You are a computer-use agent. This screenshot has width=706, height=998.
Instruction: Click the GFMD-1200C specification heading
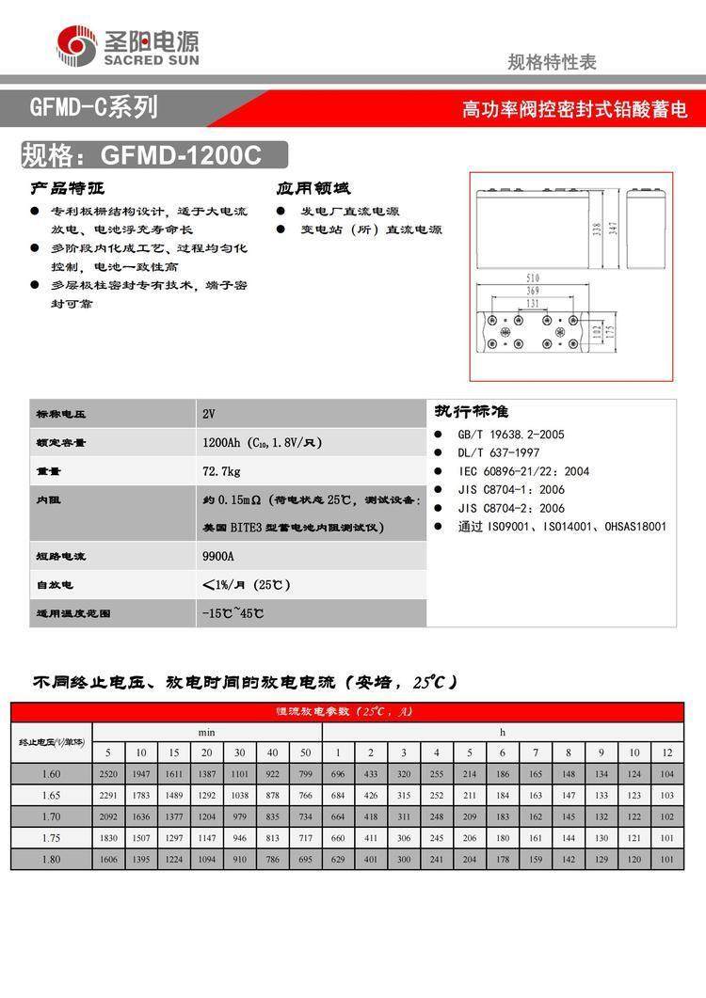[141, 155]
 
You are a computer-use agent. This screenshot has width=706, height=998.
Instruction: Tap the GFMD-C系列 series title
[93, 108]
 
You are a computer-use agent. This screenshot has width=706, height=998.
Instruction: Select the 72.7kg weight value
[221, 470]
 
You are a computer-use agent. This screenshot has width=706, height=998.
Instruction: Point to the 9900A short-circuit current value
[217, 556]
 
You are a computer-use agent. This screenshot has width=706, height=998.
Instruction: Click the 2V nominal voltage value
[209, 414]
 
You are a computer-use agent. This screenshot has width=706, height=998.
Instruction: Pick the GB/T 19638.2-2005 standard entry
[510, 436]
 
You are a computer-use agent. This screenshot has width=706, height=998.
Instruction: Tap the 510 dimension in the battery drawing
[532, 278]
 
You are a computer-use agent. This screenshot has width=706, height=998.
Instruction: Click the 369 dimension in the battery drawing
[532, 292]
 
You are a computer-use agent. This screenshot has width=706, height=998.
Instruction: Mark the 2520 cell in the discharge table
[108, 774]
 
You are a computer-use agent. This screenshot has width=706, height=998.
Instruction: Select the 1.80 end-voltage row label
[51, 859]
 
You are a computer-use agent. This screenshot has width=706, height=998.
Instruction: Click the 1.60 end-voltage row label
[51, 774]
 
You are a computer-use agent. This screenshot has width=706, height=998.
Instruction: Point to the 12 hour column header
[667, 752]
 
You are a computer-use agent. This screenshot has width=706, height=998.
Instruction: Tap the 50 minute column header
[305, 752]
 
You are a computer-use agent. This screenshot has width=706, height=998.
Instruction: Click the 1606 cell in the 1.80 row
[108, 859]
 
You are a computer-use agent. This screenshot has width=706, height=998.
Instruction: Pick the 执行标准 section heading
[471, 412]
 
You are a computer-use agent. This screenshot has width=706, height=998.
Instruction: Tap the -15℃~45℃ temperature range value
[233, 613]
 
